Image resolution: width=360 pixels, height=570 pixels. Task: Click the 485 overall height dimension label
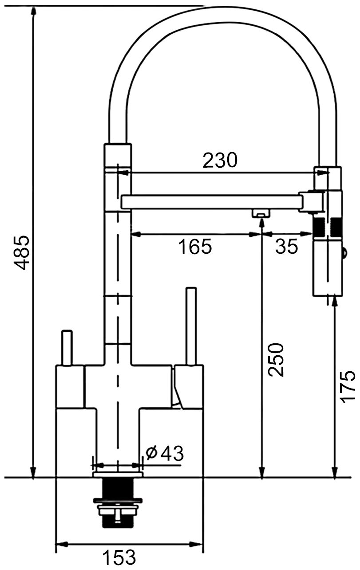point(21,252)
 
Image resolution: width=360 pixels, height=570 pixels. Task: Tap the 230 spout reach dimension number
point(220,160)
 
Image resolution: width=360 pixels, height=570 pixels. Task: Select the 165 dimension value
point(195,246)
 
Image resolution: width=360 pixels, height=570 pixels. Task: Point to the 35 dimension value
point(286,246)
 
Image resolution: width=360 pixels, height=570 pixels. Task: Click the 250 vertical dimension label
point(276,360)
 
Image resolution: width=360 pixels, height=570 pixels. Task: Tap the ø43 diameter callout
point(165,453)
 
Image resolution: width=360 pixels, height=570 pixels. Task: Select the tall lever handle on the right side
point(191,326)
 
